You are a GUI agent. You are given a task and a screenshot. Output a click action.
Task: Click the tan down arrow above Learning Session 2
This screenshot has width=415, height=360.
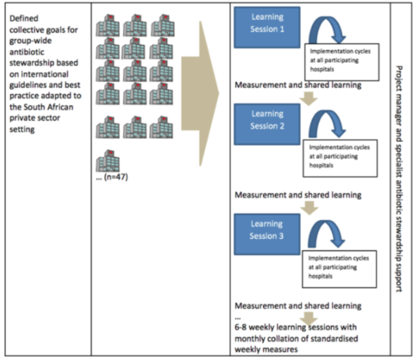[x=310, y=97]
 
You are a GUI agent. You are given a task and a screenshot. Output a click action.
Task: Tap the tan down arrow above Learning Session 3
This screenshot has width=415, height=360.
[x=310, y=207]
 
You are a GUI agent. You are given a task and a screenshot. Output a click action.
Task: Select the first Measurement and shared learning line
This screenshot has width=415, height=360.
[x=298, y=85]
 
